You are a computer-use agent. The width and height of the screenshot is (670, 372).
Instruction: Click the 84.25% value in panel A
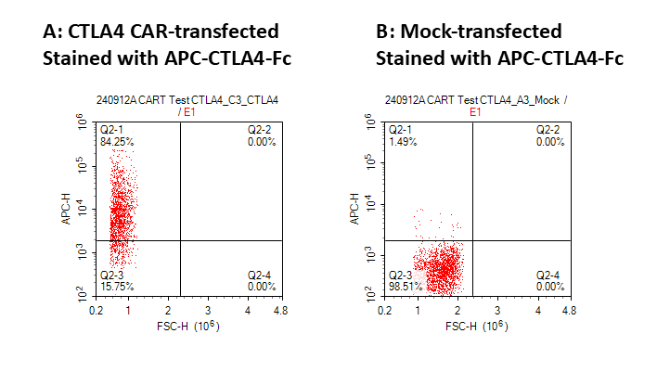point(115,142)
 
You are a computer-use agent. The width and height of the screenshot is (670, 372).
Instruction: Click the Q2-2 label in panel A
point(261,130)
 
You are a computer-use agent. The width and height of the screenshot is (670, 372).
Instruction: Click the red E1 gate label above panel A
point(188,111)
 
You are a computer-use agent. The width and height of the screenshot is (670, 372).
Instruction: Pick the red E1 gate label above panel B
point(476,111)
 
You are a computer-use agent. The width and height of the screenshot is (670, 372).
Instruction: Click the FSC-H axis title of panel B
point(474,327)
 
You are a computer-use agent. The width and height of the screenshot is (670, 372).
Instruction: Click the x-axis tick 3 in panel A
point(208,313)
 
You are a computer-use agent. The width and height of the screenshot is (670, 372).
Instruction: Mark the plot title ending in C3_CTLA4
point(187,98)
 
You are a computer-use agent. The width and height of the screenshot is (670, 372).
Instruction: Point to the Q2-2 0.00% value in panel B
point(549,142)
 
